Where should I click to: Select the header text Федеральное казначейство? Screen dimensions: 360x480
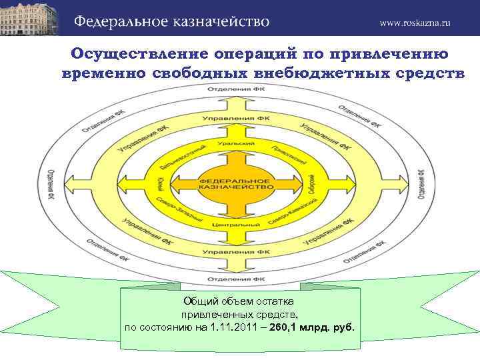171,21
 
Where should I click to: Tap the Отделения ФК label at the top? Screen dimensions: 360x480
235,89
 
